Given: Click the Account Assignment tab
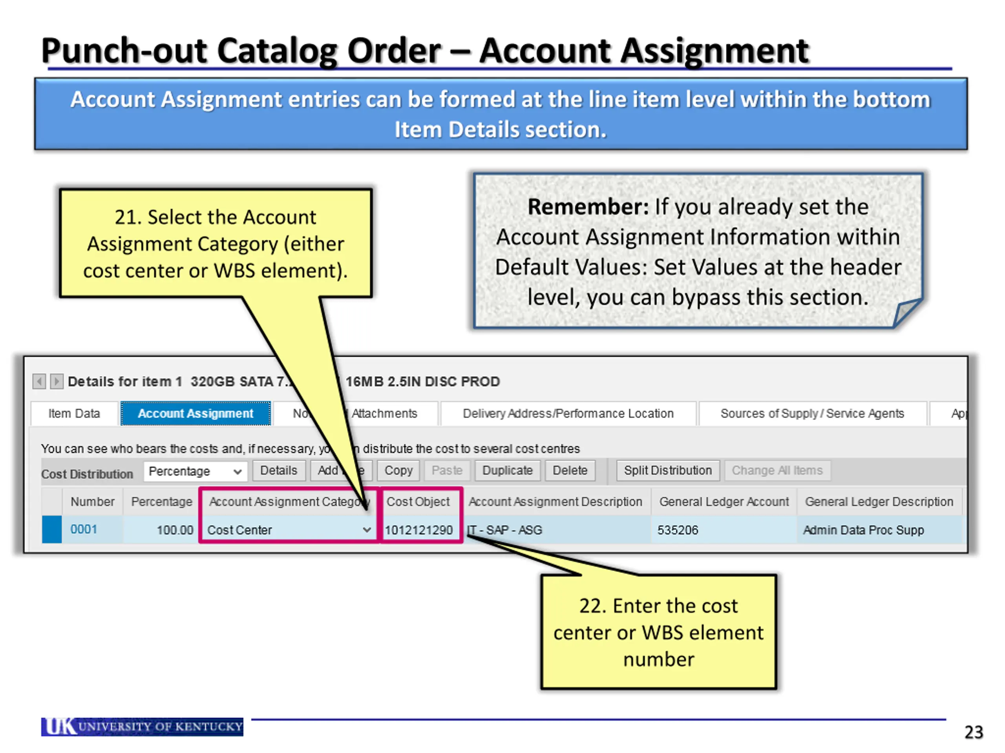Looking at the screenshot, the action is point(196,413).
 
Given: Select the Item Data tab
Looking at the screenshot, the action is point(74,413).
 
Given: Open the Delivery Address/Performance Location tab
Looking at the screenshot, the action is point(568,413).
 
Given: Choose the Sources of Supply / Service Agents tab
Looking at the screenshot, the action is point(812,413).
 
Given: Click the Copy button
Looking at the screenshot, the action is point(398,471).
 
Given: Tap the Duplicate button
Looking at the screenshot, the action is point(507,471).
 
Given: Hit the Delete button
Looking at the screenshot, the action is point(570,471).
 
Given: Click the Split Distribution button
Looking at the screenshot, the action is point(667,471).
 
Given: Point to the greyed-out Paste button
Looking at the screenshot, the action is point(447,471).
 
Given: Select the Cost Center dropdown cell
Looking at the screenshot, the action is point(289,530).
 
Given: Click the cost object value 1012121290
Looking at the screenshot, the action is point(418,530).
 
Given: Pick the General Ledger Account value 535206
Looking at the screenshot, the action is point(678,530).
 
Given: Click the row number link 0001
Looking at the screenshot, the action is point(84,529).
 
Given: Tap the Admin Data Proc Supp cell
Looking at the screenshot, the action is point(863,530).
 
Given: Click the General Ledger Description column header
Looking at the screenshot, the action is point(879,502).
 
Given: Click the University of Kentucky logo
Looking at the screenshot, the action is point(142,727).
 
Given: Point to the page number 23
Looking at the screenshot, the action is point(973,732).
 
